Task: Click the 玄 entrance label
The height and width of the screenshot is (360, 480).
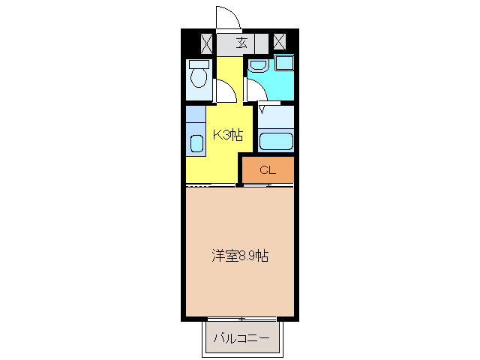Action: click(241, 42)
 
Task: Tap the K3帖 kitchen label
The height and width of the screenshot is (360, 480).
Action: click(227, 135)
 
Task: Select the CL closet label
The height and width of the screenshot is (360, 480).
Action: click(268, 170)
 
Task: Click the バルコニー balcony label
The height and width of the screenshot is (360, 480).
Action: click(241, 339)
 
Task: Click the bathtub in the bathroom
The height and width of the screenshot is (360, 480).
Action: click(275, 140)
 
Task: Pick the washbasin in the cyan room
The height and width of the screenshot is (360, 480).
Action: click(259, 65)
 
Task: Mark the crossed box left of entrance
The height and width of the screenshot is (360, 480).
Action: click(206, 42)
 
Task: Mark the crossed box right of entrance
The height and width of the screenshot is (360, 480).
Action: click(279, 42)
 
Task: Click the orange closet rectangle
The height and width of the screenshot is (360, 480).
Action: click(268, 170)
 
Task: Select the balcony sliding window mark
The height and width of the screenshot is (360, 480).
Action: click(241, 319)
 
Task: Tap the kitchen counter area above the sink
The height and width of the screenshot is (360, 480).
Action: click(196, 118)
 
